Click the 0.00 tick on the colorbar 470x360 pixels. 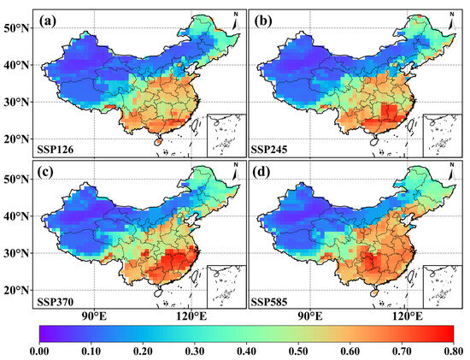39,349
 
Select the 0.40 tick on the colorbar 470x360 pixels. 247,349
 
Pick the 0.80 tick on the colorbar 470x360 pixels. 454,349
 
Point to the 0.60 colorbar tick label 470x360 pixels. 350,349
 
